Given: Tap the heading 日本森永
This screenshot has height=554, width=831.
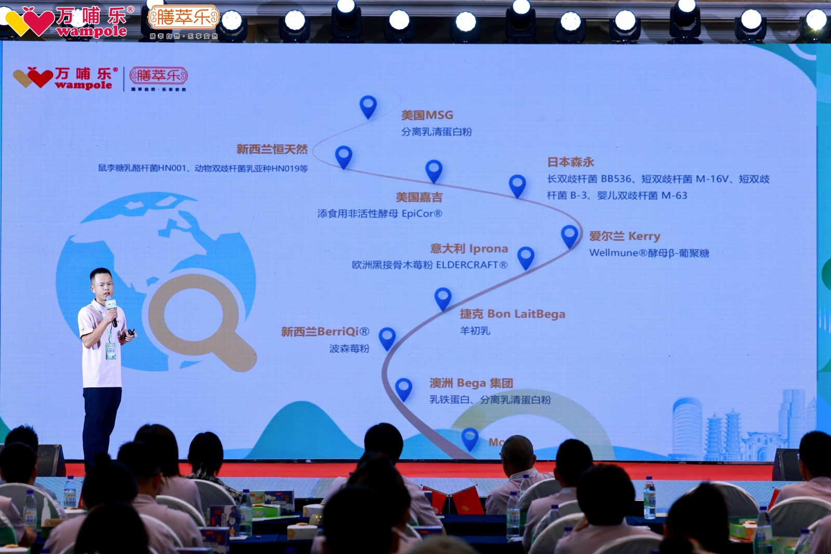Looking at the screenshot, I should [570, 162].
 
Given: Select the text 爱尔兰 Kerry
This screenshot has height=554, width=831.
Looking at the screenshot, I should [624, 236].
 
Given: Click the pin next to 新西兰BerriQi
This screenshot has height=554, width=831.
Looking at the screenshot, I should [387, 337].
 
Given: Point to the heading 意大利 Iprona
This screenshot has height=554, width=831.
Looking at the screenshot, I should [469, 249].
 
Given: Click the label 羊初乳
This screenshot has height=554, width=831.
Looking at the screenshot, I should [475, 331].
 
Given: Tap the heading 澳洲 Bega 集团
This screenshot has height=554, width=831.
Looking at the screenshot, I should [471, 383].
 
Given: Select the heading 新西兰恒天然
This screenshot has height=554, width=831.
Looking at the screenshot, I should [272, 150].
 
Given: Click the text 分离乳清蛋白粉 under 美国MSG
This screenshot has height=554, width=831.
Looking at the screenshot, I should [436, 132].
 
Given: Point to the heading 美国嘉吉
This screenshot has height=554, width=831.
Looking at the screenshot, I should [419, 197].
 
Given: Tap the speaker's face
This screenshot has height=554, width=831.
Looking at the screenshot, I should [101, 283].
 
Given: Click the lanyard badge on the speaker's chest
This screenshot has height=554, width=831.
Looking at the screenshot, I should [111, 351].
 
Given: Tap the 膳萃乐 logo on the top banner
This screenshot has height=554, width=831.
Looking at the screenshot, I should [183, 18].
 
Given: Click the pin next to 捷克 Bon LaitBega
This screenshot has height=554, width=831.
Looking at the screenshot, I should [443, 298].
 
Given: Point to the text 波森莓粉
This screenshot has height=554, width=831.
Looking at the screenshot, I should [349, 348].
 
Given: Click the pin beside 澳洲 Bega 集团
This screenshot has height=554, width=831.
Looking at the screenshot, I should [404, 388].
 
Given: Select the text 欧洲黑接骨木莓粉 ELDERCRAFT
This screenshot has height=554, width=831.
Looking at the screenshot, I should [429, 265].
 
